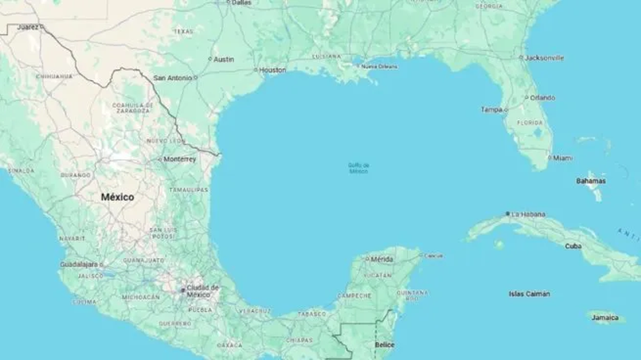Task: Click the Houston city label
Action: click(x=273, y=70)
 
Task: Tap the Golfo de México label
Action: click(x=358, y=168)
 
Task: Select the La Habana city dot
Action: click(x=508, y=213)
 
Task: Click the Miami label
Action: click(x=563, y=158)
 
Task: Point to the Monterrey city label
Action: click(x=179, y=159)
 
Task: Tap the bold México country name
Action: click(x=118, y=197)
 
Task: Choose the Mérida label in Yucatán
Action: click(x=382, y=259)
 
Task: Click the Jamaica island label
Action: click(x=605, y=317)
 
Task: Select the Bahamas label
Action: click(x=591, y=181)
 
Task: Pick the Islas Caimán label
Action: click(x=529, y=293)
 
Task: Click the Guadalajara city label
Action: click(x=79, y=264)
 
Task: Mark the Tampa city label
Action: click(x=492, y=110)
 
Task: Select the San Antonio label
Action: click(x=172, y=78)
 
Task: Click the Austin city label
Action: click(x=224, y=59)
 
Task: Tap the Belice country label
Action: click(x=385, y=345)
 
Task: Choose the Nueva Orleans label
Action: click(x=378, y=66)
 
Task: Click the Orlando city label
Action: click(x=543, y=98)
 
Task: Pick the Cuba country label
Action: click(x=573, y=246)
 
